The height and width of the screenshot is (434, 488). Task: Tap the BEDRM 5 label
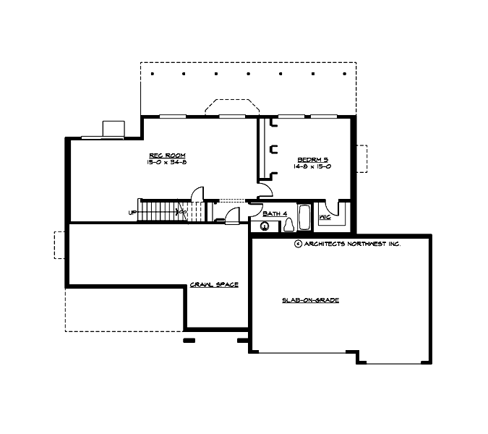click(314, 159)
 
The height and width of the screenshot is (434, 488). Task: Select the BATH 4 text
click(275, 213)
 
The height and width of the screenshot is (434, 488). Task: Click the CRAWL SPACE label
click(214, 284)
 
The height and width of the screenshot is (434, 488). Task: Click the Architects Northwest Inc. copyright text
click(348, 244)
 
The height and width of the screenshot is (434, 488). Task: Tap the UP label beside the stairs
click(132, 213)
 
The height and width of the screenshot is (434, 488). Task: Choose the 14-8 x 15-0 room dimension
click(314, 166)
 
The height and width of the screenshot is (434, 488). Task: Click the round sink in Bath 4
click(265, 226)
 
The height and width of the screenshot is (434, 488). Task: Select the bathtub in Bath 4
click(305, 218)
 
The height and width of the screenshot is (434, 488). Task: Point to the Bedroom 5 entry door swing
click(265, 190)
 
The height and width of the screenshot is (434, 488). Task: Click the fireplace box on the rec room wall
click(114, 129)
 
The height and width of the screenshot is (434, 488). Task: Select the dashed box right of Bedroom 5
click(362, 159)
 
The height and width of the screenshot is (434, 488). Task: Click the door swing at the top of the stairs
click(197, 195)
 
